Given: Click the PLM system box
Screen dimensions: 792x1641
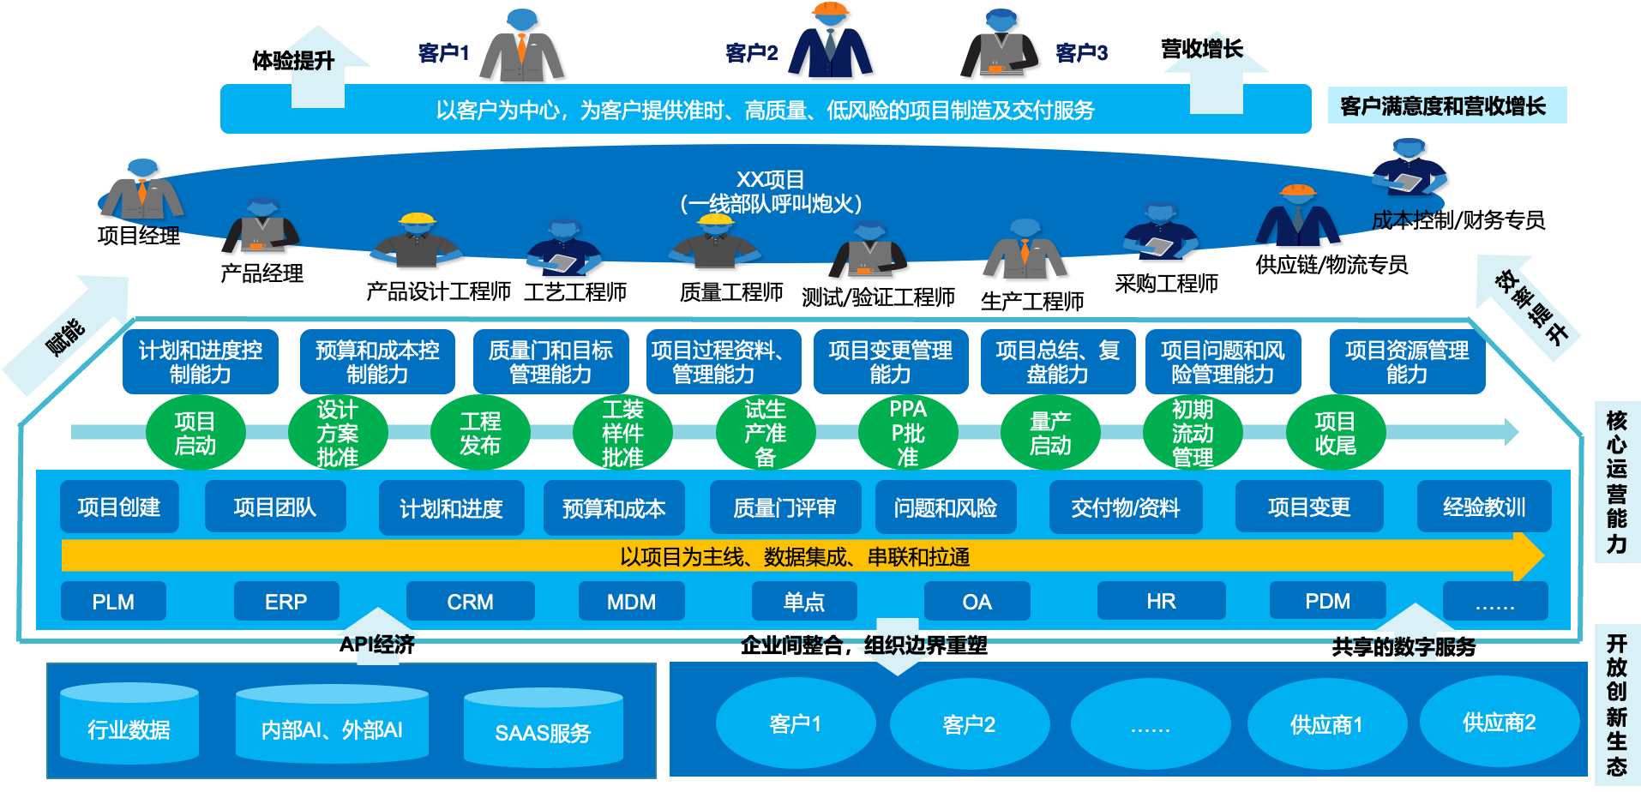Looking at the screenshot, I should pos(113,602).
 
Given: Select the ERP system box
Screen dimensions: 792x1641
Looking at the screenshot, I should pos(286,602).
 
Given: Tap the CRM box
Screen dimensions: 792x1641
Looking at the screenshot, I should pos(470,602).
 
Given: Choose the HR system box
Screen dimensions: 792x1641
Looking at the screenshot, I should pos(1161,602).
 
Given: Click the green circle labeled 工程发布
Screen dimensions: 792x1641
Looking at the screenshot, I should pos(480,433).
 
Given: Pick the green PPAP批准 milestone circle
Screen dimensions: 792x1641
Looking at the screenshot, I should pos(908,433).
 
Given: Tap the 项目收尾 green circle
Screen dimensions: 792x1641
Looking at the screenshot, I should pos(1335,433).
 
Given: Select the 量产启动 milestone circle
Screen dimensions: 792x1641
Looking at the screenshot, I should pos(1050,433).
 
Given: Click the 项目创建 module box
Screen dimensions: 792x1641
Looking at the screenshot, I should pos(119,507).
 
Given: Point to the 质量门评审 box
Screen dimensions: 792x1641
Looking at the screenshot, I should pos(784,507).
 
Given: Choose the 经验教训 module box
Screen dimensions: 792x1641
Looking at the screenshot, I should pos(1484,507).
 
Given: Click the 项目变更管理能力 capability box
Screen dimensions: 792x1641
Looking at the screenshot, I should pos(890,362).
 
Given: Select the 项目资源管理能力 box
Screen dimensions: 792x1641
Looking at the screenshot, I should pos(1406,362).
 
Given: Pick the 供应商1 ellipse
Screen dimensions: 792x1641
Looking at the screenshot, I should pos(1325,725).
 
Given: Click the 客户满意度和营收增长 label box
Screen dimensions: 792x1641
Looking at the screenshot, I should pos(1446,105).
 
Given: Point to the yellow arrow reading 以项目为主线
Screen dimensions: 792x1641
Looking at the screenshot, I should pos(794,557).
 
